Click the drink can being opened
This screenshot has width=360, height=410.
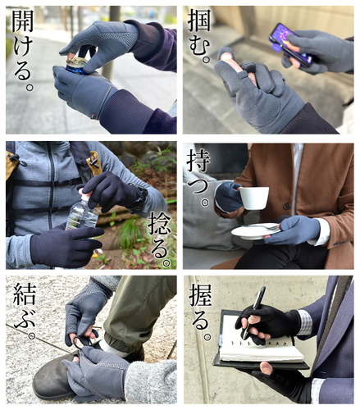pyautogui.click(x=75, y=66)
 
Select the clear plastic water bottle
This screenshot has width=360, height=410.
pyautogui.click(x=82, y=211)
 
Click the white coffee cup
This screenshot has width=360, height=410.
pyautogui.click(x=253, y=198)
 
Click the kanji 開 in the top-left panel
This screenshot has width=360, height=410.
pyautogui.click(x=23, y=20)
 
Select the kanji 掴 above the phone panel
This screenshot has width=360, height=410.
pyautogui.click(x=199, y=20)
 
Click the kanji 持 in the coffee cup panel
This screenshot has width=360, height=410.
pyautogui.click(x=198, y=161)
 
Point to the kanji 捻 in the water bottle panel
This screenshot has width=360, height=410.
pyautogui.click(x=159, y=224)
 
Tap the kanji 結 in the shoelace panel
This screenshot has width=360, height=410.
pyautogui.click(x=25, y=294)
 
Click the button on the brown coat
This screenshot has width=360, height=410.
pyautogui.click(x=287, y=206)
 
